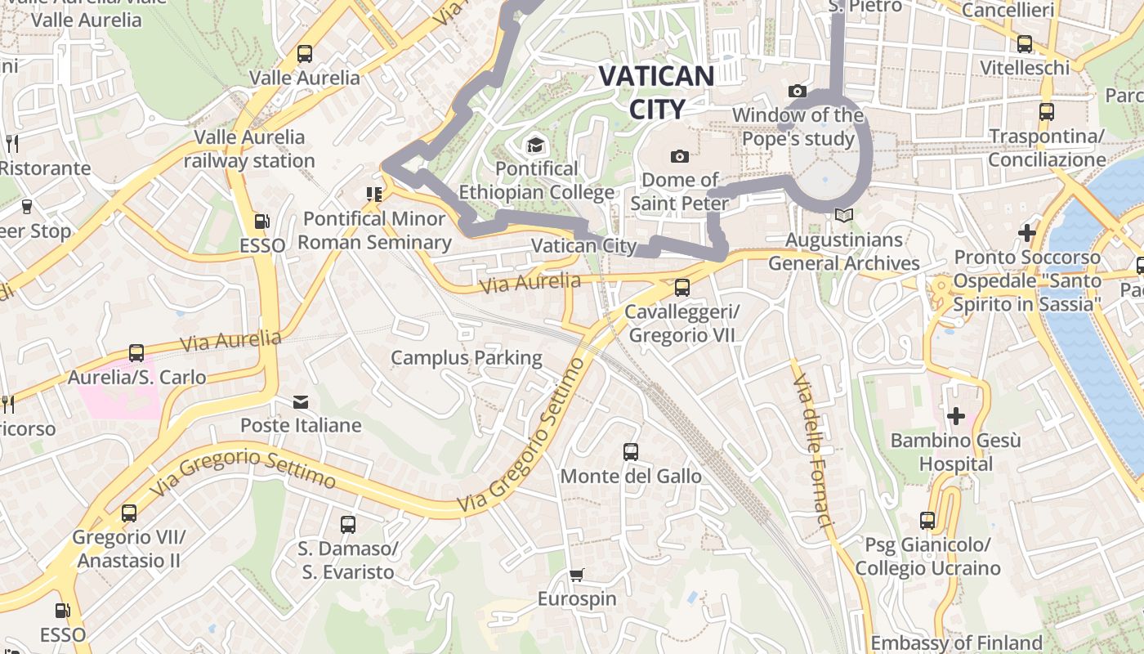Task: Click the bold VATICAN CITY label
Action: [656, 92]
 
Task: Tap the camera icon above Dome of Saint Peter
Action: [679, 156]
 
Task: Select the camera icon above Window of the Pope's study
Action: [798, 91]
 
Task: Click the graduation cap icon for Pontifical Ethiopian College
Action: [535, 146]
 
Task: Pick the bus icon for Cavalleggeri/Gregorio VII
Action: [681, 288]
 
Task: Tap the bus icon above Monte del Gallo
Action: [630, 452]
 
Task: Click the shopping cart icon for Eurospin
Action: [577, 575]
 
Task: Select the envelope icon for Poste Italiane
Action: [302, 401]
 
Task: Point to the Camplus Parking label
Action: [466, 357]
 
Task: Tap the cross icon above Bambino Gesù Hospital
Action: [955, 416]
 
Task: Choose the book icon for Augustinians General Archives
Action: [843, 216]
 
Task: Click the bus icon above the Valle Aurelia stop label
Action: [305, 54]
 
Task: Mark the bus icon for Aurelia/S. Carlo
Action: [136, 353]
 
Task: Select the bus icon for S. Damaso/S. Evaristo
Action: [348, 524]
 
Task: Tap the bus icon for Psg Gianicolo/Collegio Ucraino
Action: [927, 521]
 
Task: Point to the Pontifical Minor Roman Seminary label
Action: [374, 231]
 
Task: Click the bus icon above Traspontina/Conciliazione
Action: [1047, 112]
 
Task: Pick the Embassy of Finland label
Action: [956, 643]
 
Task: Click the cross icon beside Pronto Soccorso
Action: [1027, 234]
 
